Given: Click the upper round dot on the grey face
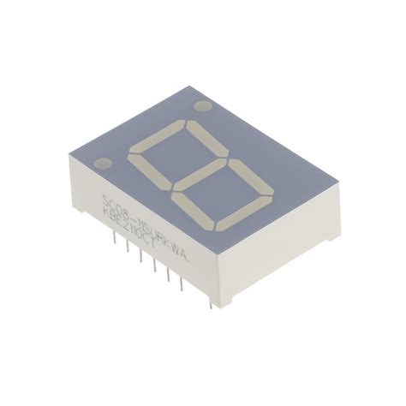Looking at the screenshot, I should coord(203,107).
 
